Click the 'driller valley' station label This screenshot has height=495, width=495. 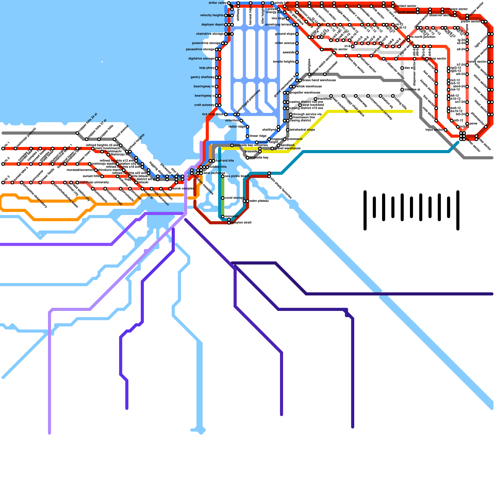217,3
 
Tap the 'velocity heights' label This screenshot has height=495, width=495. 212,15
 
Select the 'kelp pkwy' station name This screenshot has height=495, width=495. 207,68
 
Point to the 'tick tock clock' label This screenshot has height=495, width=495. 213,114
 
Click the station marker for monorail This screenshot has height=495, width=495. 223,217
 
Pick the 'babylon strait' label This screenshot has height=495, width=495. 241,223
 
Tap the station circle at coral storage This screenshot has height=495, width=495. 223,198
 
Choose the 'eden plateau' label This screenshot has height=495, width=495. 259,201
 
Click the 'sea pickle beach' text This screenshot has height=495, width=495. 237,176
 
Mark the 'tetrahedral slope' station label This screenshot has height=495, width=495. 302,130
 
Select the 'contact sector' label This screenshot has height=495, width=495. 406,6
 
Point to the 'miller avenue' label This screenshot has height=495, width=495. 285,43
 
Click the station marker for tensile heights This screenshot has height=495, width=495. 297,62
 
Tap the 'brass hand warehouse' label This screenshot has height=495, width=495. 319,80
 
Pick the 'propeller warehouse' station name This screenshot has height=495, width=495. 305,93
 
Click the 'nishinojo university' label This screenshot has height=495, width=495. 94,183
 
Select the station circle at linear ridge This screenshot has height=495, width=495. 247,136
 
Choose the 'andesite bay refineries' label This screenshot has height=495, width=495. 251,145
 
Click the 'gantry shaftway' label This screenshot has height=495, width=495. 202,77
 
